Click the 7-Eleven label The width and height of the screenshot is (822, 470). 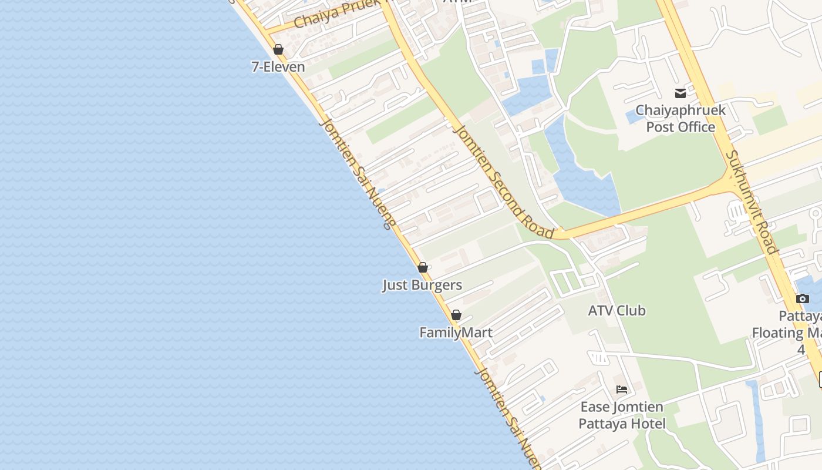[x=278, y=67]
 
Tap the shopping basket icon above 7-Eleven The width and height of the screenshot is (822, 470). [x=278, y=49]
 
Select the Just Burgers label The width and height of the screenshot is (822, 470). [x=422, y=286]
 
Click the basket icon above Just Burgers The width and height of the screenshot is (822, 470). [x=422, y=268]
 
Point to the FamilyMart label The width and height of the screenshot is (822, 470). [x=456, y=333]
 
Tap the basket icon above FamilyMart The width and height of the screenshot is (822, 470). [x=456, y=315]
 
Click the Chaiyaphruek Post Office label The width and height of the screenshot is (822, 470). [x=680, y=118]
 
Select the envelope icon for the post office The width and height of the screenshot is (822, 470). [x=680, y=93]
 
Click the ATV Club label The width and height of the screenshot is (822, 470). [x=616, y=311]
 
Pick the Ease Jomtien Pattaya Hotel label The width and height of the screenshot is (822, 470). [x=622, y=415]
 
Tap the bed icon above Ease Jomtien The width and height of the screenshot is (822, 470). [x=622, y=390]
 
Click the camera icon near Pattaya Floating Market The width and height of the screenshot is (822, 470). [x=803, y=299]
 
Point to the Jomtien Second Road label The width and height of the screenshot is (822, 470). [x=504, y=182]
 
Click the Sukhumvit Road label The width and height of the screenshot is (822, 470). [x=752, y=202]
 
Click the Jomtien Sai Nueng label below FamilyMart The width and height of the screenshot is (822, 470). [x=510, y=418]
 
